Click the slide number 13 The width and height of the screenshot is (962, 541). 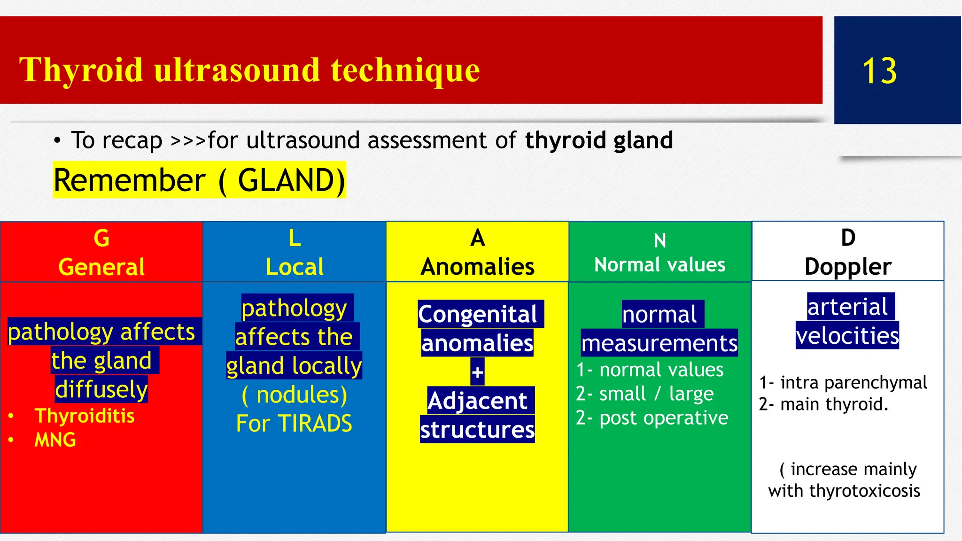pos(879,71)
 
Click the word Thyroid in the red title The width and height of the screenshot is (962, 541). pos(81,70)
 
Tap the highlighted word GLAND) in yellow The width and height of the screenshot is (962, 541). pos(291,180)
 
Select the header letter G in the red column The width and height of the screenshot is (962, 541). pos(101,238)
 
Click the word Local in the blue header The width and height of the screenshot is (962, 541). pos(295,267)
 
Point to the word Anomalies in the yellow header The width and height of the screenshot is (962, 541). pos(477,267)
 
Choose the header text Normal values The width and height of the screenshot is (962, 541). pos(659,265)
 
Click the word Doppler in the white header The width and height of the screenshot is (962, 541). pos(847,267)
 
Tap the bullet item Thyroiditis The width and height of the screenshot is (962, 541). pos(85,416)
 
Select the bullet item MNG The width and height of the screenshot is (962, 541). pos(55,440)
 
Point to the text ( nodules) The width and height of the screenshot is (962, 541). pos(295,395)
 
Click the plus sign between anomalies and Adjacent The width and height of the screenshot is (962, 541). pos(477,372)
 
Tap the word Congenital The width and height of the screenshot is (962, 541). pos(477,314)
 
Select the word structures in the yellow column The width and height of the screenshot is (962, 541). pos(477,430)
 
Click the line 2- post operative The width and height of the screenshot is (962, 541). pos(652,418)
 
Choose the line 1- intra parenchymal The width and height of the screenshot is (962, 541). pos(843,383)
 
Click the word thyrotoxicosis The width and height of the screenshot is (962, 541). pos(864,491)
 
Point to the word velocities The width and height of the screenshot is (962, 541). pos(847,336)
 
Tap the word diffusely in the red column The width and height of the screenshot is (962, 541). pos(101,389)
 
